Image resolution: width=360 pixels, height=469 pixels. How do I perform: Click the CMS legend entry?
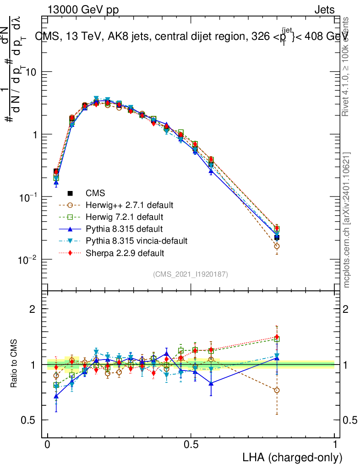(x=95, y=192)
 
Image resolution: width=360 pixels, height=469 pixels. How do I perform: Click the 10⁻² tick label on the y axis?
(x=28, y=260)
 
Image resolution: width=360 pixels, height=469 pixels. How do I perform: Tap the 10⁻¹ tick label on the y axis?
(x=28, y=197)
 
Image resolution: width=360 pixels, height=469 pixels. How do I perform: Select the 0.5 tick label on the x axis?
(x=191, y=445)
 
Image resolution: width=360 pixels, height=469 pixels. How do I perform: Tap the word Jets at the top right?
(x=324, y=10)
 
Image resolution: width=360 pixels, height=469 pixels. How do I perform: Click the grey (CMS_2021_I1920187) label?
(x=191, y=274)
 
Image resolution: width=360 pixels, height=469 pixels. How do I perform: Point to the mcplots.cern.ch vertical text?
(x=347, y=220)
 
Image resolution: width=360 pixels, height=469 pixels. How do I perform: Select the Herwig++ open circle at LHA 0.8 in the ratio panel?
(x=277, y=390)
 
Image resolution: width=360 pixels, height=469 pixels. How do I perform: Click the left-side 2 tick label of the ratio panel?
(x=32, y=309)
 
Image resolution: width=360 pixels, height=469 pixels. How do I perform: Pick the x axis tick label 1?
(x=334, y=445)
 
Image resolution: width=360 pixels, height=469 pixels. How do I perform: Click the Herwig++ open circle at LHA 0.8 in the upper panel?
(x=277, y=246)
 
